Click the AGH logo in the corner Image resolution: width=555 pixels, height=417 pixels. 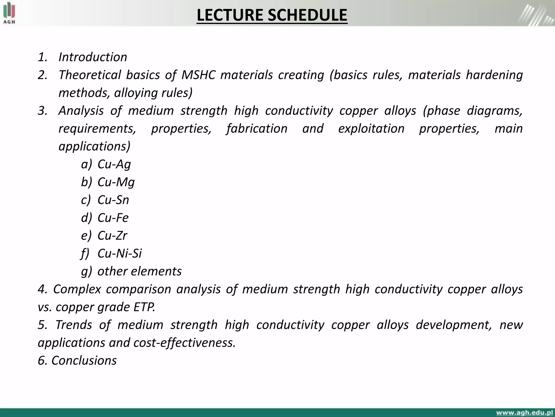click(x=9, y=13)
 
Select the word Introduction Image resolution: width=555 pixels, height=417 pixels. click(x=93, y=57)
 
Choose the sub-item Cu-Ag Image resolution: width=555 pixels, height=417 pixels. click(x=114, y=164)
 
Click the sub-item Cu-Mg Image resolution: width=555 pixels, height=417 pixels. click(x=116, y=182)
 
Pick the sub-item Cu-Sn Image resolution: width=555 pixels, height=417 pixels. click(x=113, y=200)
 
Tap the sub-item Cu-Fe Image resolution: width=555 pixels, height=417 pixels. click(x=113, y=218)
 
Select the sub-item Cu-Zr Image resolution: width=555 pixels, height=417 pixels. click(x=112, y=235)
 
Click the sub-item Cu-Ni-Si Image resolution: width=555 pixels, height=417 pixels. click(x=120, y=253)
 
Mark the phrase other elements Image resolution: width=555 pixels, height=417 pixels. click(x=140, y=271)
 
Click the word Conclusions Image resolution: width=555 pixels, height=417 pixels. click(x=84, y=361)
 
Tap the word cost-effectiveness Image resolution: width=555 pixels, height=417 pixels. click(x=185, y=343)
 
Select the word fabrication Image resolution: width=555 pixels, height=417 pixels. click(x=257, y=128)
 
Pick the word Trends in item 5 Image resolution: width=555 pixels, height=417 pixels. click(x=74, y=325)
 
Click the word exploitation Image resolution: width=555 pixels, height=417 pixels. click(x=371, y=128)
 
